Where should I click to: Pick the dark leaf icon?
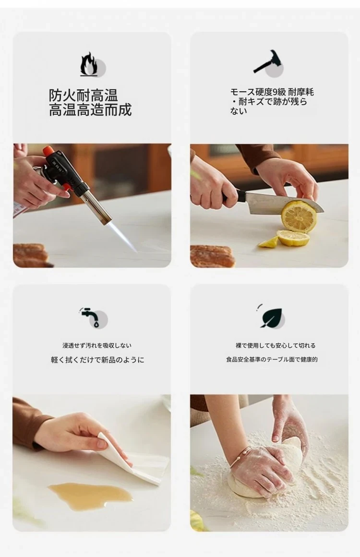(x=271, y=317)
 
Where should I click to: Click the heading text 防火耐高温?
(x=84, y=96)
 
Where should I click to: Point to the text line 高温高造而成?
(x=90, y=109)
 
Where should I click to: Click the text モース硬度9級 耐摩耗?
(x=272, y=92)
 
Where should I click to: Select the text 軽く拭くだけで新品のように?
(x=97, y=360)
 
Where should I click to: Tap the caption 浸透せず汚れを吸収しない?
(x=97, y=345)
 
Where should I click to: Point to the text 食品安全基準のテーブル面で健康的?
(x=272, y=360)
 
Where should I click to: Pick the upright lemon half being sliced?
(x=298, y=217)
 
